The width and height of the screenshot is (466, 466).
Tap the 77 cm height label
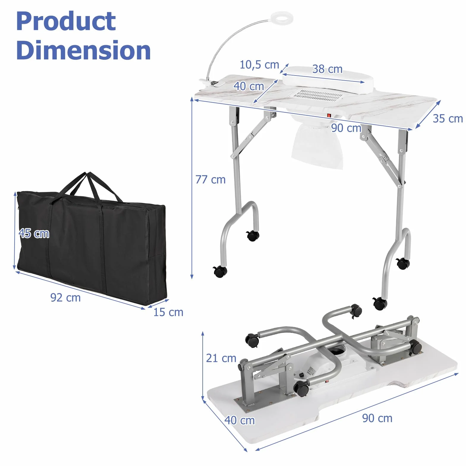[210, 180]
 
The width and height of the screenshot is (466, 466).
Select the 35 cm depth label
[448, 118]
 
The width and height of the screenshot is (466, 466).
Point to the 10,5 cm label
[259, 64]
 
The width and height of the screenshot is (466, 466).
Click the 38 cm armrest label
[327, 69]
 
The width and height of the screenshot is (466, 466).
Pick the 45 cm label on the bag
[34, 233]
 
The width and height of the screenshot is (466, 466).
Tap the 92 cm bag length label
[65, 297]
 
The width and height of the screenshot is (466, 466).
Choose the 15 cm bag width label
[168, 312]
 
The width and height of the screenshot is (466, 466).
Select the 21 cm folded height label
[221, 358]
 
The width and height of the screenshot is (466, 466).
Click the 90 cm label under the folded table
[377, 418]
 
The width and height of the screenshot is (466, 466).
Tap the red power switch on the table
[329, 115]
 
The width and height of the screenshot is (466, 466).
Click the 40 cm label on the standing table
[249, 86]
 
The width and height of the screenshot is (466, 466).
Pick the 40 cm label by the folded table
[240, 420]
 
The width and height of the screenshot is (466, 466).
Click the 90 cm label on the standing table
[346, 128]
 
